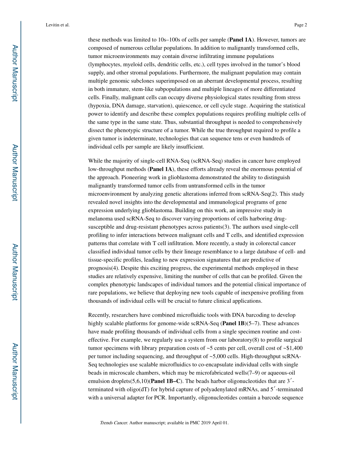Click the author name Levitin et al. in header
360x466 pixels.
click(x=57, y=25)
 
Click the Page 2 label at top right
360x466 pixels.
click(x=300, y=25)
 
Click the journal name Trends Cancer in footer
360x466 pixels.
click(x=114, y=423)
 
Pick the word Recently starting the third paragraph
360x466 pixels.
click(x=99, y=315)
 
